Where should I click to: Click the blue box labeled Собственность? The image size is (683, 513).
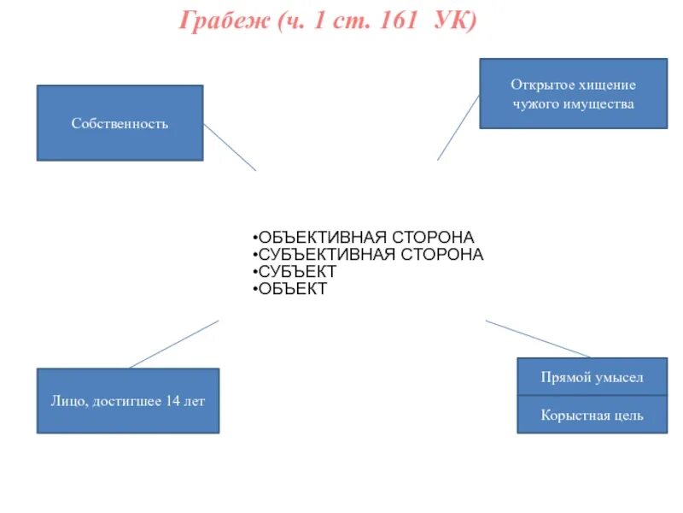[x=120, y=123]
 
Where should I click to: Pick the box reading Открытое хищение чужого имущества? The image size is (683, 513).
[x=573, y=94]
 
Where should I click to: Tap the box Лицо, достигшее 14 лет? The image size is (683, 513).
[x=127, y=401]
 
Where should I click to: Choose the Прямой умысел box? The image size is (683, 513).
[x=592, y=377]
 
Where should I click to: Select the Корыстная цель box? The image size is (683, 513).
[x=592, y=416]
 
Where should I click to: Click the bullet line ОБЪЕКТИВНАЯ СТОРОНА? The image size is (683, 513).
[x=366, y=237]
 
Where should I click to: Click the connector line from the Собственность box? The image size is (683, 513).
[x=230, y=148]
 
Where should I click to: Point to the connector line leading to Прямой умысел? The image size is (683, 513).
[x=538, y=339]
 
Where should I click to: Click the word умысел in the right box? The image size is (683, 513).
[x=620, y=377]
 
